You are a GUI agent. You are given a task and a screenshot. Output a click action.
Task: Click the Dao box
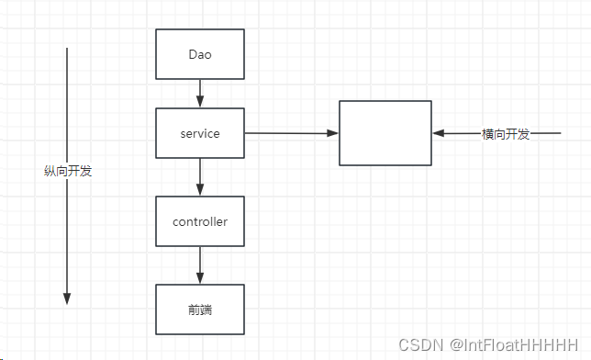[x=200, y=53]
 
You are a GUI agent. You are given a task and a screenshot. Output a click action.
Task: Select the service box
[x=200, y=133]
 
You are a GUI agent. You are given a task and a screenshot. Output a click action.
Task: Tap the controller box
[x=200, y=221]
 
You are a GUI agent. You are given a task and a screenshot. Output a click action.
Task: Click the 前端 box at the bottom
[x=200, y=309]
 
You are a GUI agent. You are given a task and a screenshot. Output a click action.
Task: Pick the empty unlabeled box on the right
[x=385, y=133]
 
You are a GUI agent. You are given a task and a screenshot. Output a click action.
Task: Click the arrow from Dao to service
[x=200, y=94]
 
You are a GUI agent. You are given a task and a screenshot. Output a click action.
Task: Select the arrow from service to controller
[x=200, y=176]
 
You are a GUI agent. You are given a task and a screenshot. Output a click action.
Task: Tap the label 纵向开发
[x=68, y=171]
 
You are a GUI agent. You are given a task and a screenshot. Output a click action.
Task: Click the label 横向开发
[x=506, y=134]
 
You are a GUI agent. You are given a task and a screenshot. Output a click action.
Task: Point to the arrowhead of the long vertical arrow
[x=67, y=298]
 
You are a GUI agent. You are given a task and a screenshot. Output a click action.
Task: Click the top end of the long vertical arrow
[x=67, y=49]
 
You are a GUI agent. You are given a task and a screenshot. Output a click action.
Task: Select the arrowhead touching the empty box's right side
[x=438, y=134]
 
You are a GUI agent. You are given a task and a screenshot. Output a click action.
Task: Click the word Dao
[x=200, y=53]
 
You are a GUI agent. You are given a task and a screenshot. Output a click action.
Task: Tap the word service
[x=200, y=133]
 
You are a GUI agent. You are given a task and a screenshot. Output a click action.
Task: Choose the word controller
[x=200, y=221]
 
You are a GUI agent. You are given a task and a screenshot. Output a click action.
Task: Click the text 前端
[x=200, y=309]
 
